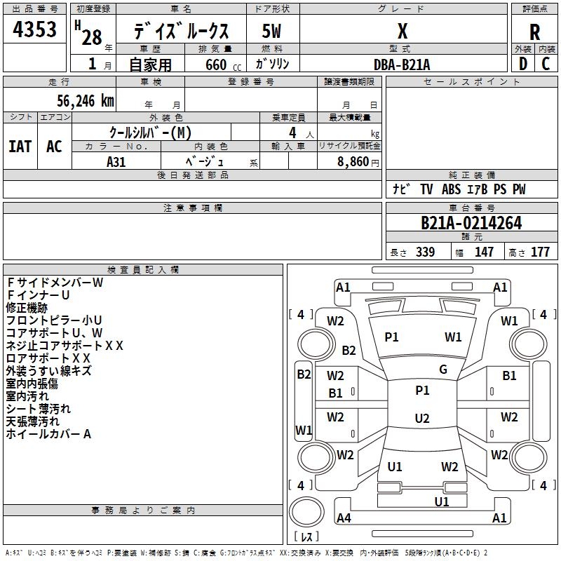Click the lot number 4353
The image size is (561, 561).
(35, 30)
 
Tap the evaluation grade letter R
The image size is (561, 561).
(535, 32)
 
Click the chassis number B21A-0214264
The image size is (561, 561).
(471, 224)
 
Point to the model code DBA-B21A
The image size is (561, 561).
(403, 65)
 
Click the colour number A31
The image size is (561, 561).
(116, 161)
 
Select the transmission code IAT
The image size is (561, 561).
(20, 147)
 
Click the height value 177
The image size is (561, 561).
(540, 252)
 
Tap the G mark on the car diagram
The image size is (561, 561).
(443, 370)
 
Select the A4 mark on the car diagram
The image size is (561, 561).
(344, 518)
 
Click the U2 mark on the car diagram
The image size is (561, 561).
(422, 419)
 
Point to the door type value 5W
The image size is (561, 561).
(272, 32)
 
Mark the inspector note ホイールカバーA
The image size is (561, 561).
(49, 434)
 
